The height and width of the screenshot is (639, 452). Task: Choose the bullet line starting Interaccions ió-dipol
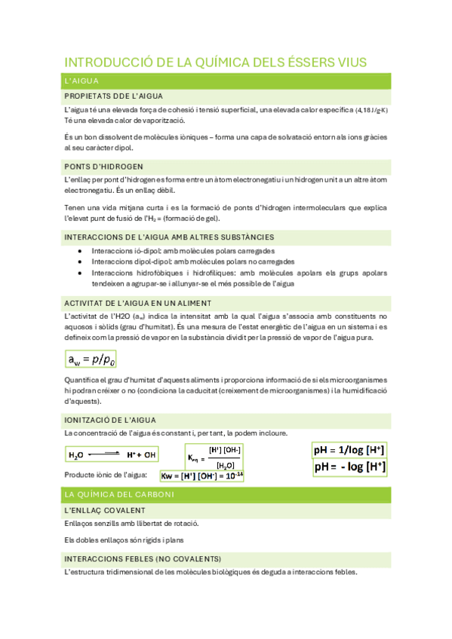[183, 250]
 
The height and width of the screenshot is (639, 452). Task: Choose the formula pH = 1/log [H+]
[349, 450]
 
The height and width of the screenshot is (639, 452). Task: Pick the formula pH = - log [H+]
[349, 466]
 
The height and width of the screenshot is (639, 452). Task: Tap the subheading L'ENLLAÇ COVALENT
[105, 510]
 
